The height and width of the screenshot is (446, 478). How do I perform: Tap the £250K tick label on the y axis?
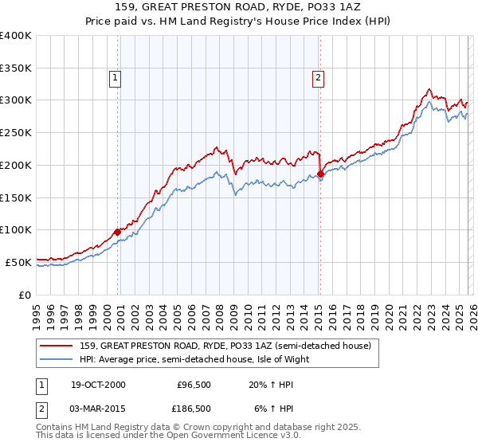(16, 133)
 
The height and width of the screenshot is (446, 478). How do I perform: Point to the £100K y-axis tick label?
(16, 230)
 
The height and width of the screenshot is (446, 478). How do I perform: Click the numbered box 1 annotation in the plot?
(116, 78)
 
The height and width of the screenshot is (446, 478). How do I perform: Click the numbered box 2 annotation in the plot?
(318, 78)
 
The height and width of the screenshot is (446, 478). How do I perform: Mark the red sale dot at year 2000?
(118, 232)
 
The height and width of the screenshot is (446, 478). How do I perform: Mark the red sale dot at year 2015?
(319, 174)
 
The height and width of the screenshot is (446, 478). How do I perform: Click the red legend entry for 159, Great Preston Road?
(225, 346)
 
